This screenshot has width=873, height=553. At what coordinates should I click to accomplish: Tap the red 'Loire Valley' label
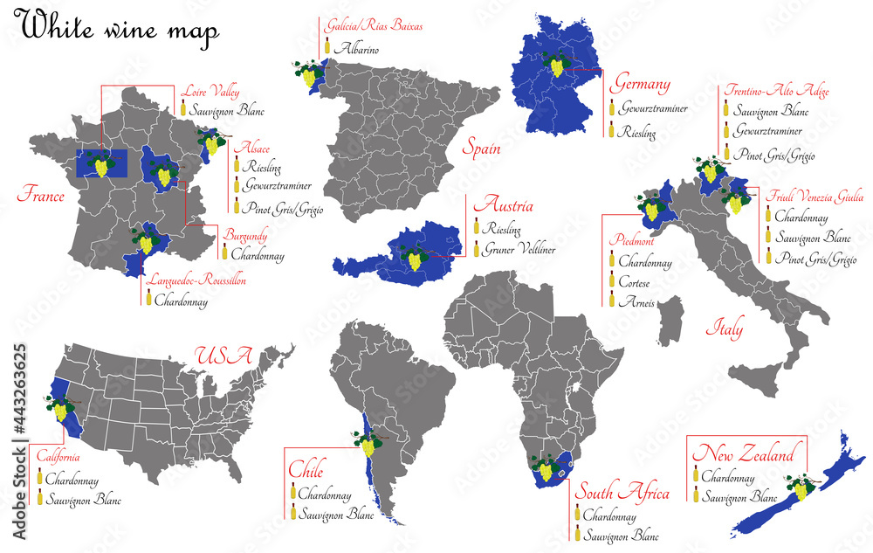(x=210, y=91)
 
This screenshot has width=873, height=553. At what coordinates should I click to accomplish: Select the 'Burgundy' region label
(x=245, y=236)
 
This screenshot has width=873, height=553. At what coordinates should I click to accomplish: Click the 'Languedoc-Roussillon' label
(x=196, y=281)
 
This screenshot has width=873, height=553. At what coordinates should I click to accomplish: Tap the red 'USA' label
(x=223, y=356)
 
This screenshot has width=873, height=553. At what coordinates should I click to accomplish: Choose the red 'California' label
(x=58, y=457)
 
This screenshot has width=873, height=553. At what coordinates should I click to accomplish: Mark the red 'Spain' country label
(x=482, y=149)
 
